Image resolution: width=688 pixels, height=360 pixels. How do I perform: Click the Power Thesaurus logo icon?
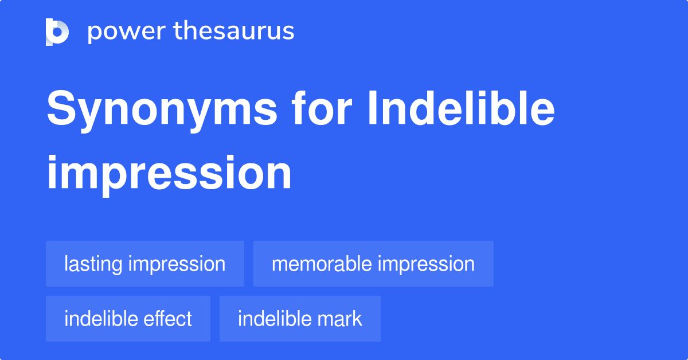point(57,32)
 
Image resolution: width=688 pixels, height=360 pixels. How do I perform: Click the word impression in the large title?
point(169,174)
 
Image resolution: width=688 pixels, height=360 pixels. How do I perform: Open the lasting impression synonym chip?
point(144,264)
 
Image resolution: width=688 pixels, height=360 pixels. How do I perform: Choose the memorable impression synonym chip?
point(373,264)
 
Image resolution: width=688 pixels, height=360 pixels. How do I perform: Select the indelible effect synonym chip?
point(128,319)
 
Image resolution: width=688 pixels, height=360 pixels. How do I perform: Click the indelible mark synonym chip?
point(299,319)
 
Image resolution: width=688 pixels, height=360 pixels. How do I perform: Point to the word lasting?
point(93,264)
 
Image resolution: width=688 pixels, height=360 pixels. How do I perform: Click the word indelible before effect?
point(101,319)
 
